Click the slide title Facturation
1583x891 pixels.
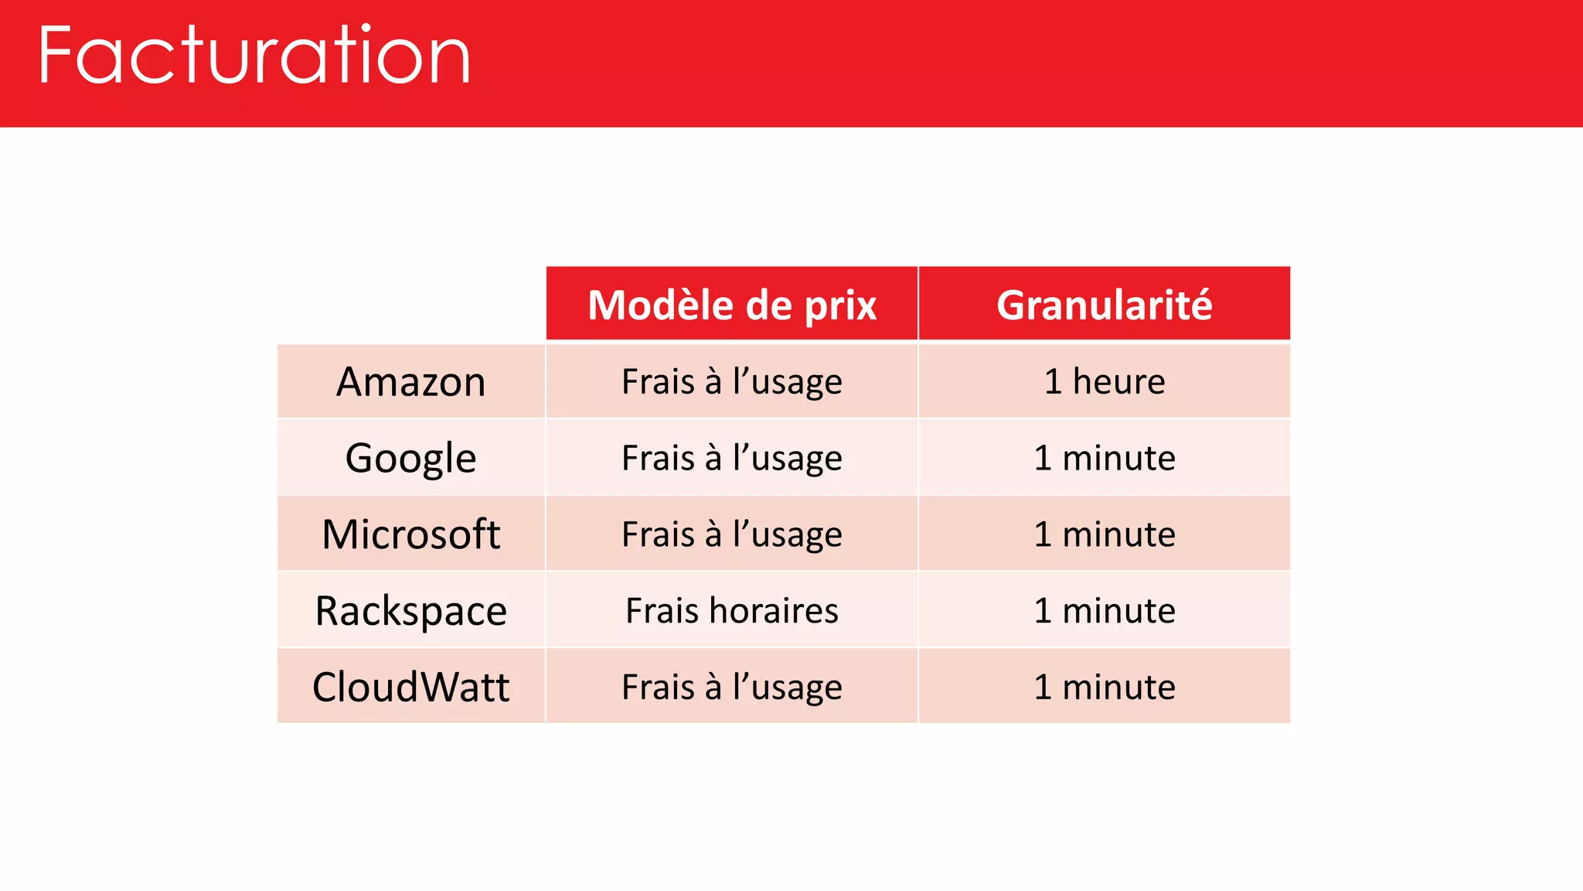coord(254,56)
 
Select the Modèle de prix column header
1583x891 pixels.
coord(731,305)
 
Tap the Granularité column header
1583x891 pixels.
coord(1104,305)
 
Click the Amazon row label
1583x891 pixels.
coord(411,382)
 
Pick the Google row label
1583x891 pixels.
coord(411,458)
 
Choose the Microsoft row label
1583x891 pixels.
coord(411,534)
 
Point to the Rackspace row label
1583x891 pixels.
coord(411,611)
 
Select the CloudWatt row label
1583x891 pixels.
coord(411,687)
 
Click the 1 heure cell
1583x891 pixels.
coord(1104,382)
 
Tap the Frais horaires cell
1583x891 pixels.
coord(731,611)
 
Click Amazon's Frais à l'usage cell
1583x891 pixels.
coord(731,382)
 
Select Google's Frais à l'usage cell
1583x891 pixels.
coord(731,458)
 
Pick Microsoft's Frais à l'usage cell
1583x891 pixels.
coord(731,534)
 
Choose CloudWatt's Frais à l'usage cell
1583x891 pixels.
coord(731,687)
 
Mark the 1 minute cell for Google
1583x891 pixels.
coord(1104,458)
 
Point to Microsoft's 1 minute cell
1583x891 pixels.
coord(1104,534)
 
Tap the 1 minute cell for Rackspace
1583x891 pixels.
coord(1104,611)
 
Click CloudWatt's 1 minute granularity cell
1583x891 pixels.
coord(1104,687)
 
